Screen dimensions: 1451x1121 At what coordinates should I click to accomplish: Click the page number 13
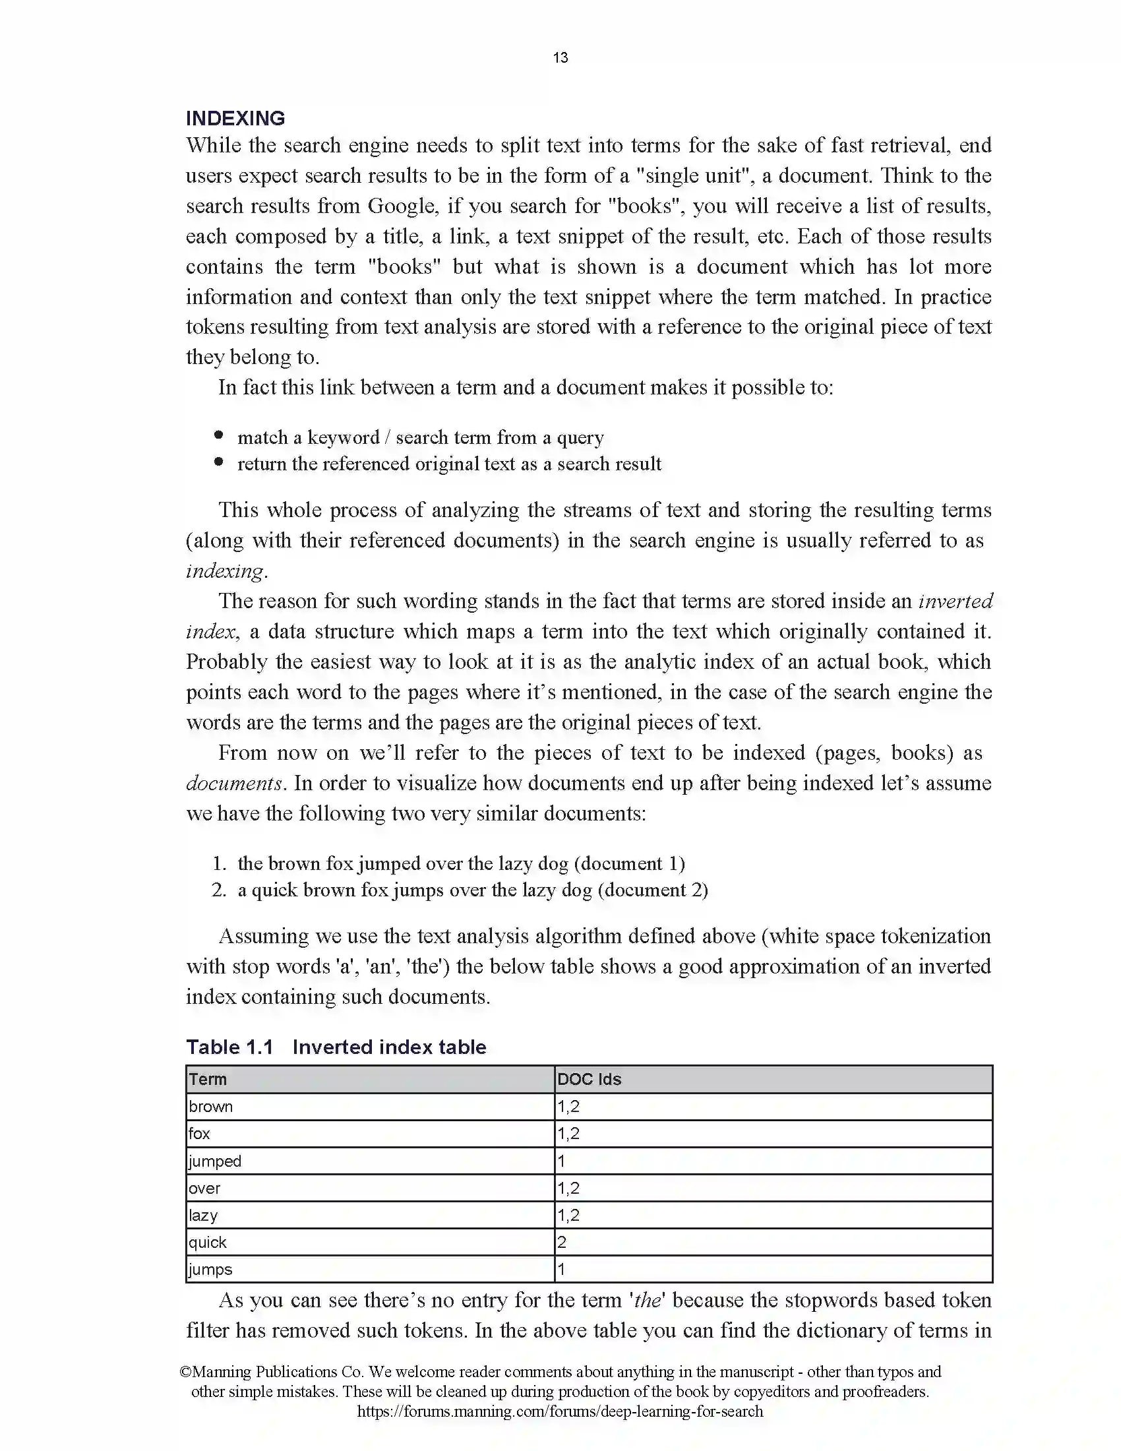coord(560,58)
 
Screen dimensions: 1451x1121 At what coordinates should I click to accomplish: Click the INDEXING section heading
coord(235,118)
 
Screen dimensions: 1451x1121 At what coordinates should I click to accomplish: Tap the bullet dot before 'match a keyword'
coord(218,436)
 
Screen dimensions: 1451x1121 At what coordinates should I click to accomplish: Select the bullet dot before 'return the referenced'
coord(218,462)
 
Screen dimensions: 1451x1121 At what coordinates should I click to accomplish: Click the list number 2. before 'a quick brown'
coord(219,890)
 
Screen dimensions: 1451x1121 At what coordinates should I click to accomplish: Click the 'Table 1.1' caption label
coord(229,1047)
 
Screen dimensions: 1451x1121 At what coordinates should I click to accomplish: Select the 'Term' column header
coord(208,1080)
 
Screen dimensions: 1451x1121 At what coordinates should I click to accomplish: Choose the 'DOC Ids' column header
coord(589,1080)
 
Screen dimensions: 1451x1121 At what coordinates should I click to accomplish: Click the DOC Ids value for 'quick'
coord(562,1243)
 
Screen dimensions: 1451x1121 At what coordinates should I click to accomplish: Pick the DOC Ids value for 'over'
coord(568,1189)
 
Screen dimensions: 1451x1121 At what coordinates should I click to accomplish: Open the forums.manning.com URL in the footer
coord(560,1411)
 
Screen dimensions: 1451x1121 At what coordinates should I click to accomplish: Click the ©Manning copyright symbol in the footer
coord(186,1372)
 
